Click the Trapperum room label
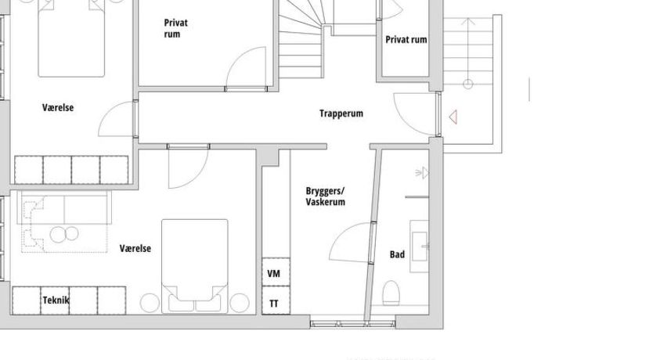[x=341, y=113]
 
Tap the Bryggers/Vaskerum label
[x=325, y=196]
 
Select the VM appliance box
[x=276, y=272]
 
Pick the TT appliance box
[x=276, y=300]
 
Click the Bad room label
[x=397, y=254]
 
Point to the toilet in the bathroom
[x=391, y=292]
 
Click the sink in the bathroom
[x=420, y=247]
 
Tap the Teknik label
[x=56, y=300]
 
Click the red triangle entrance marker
[x=453, y=117]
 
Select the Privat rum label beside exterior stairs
[x=406, y=40]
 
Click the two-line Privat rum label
[x=175, y=28]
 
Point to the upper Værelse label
[x=58, y=108]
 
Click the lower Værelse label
[x=135, y=248]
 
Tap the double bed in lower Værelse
[x=195, y=266]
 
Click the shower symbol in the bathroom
[x=422, y=173]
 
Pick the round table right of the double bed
[x=240, y=303]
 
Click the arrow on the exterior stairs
[x=468, y=51]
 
